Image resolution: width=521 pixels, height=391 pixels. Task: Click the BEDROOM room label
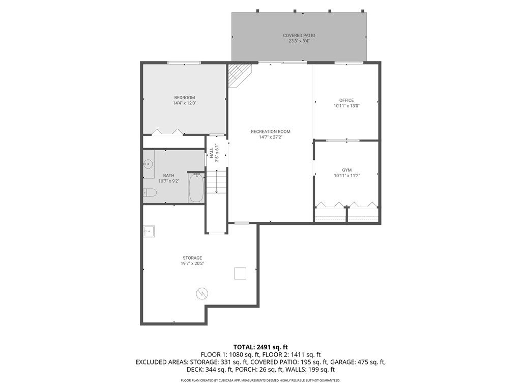184,98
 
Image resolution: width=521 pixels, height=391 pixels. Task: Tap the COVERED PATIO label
299,36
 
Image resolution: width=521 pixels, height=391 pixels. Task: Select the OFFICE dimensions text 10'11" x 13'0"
346,106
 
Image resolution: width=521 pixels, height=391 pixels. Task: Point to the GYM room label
346,170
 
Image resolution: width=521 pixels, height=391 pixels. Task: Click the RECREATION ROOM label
270,132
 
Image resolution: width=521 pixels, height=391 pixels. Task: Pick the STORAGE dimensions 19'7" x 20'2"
192,264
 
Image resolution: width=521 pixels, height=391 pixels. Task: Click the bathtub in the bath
196,188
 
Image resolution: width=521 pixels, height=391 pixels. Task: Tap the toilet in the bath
150,192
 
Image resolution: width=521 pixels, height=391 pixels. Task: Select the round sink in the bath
148,164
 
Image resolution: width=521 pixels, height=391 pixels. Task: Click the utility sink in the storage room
149,232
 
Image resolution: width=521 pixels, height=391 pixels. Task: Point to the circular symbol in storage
202,293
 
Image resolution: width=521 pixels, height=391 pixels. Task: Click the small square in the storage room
240,273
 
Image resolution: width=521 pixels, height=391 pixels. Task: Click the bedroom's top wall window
184,63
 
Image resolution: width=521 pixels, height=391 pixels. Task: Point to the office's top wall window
349,63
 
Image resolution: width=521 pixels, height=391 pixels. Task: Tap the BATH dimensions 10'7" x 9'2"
168,181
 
